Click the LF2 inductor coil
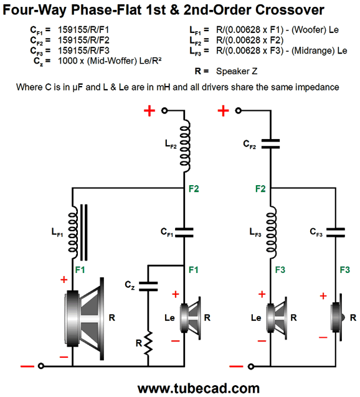click(x=185, y=146)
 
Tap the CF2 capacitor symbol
click(x=270, y=143)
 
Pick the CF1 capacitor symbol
click(x=184, y=232)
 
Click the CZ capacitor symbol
click(x=148, y=286)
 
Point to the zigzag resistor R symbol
click(x=148, y=343)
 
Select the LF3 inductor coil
click(x=271, y=232)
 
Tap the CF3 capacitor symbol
click(x=336, y=232)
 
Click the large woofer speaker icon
click(x=84, y=318)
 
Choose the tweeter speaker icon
click(x=338, y=318)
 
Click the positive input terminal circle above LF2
click(x=164, y=111)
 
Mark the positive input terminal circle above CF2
click(x=239, y=111)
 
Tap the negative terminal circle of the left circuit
click(x=41, y=366)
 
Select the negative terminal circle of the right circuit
click(x=251, y=366)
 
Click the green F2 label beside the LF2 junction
click(x=194, y=189)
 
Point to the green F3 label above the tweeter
click(x=345, y=270)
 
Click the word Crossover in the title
click(x=290, y=10)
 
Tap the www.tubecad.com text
click(x=199, y=389)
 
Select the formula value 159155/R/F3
click(x=83, y=50)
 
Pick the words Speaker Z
click(x=237, y=71)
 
